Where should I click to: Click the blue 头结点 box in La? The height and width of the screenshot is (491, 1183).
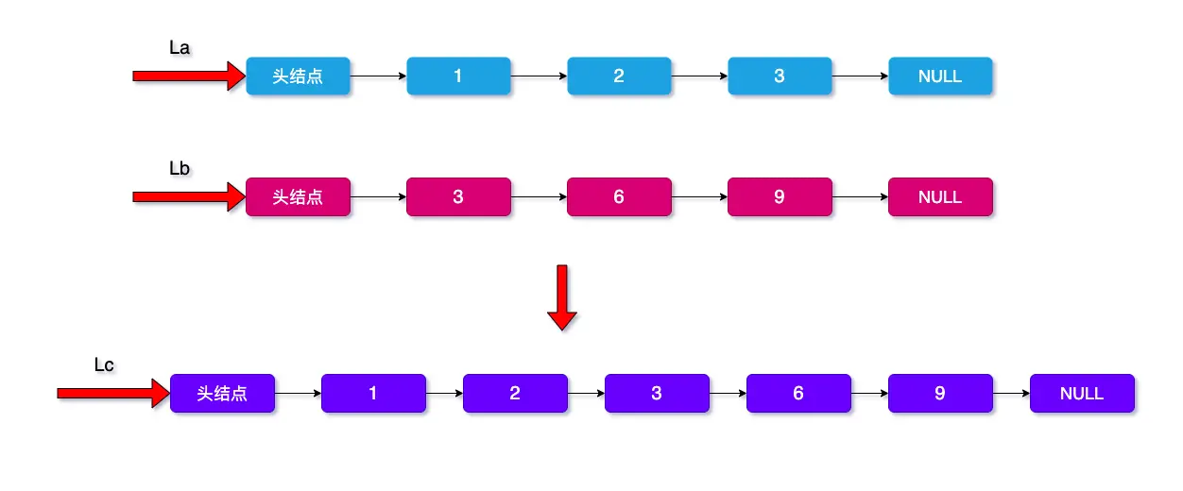(x=298, y=76)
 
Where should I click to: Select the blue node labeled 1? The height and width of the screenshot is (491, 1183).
(x=458, y=76)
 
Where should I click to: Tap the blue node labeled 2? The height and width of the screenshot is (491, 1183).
(x=619, y=76)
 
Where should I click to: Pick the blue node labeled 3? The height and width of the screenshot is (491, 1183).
(x=780, y=76)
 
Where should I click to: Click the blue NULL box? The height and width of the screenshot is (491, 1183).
(x=940, y=76)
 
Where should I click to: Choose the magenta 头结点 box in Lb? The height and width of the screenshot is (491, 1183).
(x=298, y=197)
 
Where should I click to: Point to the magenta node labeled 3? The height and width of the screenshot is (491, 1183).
(x=458, y=197)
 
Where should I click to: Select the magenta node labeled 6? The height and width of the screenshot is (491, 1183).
(x=619, y=197)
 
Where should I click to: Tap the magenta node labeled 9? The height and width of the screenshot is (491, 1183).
(x=780, y=197)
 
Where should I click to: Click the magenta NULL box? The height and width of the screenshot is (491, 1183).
(x=940, y=197)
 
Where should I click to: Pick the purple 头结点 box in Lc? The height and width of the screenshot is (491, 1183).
(x=222, y=394)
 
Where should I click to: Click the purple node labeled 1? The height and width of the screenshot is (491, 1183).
(x=373, y=394)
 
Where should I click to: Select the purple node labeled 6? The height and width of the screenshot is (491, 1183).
(x=798, y=394)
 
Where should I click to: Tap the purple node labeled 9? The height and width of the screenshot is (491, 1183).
(x=940, y=394)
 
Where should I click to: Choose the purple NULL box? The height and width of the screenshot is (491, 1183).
(x=1082, y=394)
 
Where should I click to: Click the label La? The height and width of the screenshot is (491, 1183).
(x=180, y=46)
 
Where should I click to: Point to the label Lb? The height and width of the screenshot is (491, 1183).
(x=180, y=168)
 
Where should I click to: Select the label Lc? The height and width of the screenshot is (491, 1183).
(x=105, y=364)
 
